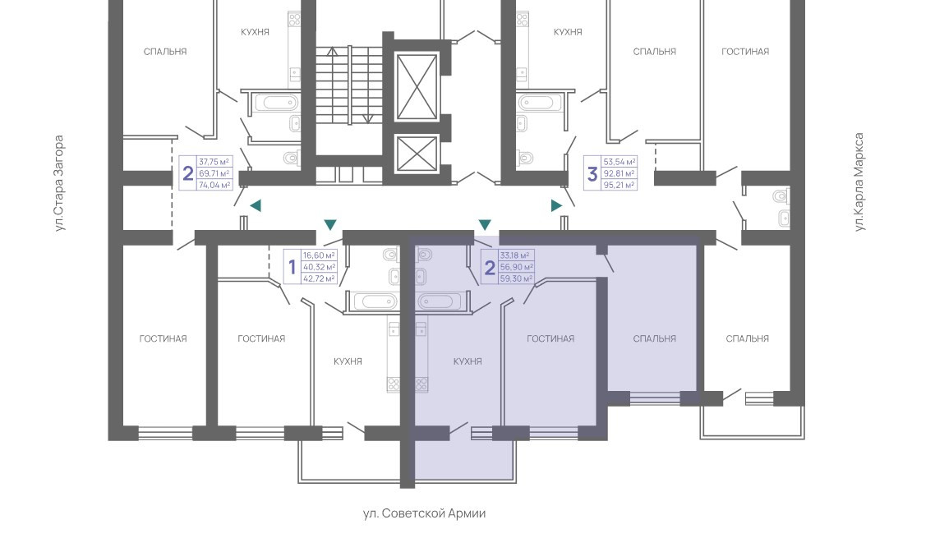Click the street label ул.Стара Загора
[59, 182]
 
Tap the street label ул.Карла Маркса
[859, 182]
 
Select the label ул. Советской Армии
[424, 513]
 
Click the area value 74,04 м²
[215, 185]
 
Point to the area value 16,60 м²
[319, 255]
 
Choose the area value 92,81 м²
[619, 173]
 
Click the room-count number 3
[592, 174]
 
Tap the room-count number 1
[292, 267]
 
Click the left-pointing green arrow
[256, 205]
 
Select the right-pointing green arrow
[556, 205]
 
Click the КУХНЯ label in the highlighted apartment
[467, 361]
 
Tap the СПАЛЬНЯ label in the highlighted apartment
[654, 338]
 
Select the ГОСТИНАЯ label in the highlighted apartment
[550, 338]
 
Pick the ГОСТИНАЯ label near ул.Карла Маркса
[745, 51]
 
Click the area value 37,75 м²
[215, 162]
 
